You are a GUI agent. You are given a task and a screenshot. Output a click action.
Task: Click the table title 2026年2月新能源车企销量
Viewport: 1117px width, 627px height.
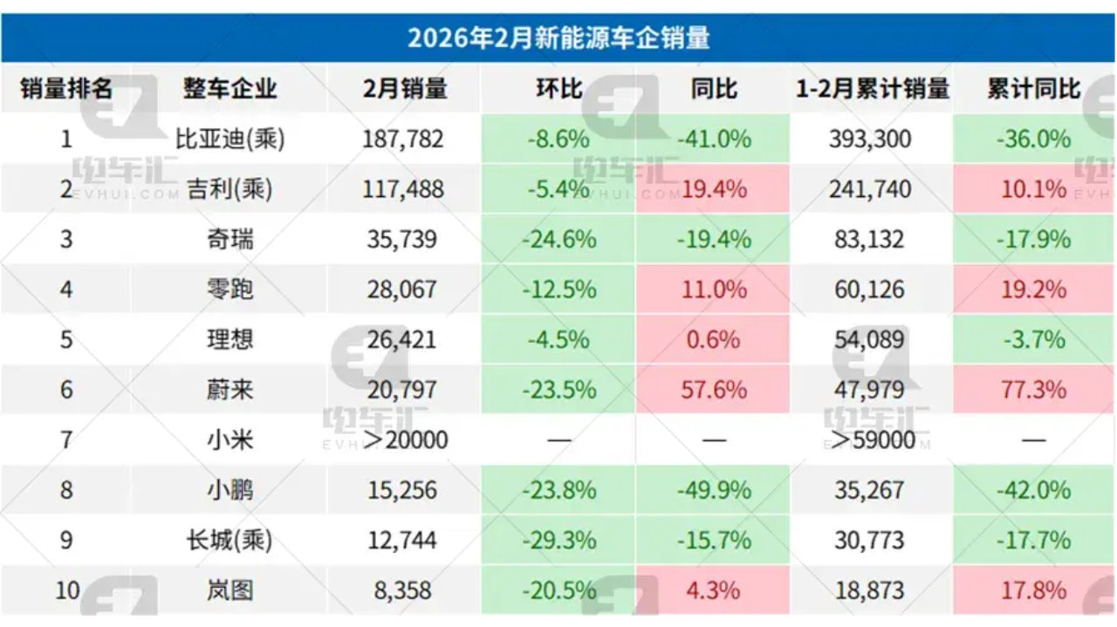click(558, 37)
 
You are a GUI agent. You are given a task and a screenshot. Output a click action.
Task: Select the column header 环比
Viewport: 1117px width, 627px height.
click(558, 88)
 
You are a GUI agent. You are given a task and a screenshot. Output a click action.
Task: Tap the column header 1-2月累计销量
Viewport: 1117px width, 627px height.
click(872, 88)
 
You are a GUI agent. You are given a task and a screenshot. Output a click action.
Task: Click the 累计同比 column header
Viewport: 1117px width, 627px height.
click(1033, 88)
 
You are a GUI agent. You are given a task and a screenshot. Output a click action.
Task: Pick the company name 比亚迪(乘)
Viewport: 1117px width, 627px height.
click(230, 139)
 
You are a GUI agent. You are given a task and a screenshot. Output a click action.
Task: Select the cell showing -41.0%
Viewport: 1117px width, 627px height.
click(713, 139)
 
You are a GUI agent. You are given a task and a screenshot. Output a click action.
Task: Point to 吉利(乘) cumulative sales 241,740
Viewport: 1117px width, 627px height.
click(872, 189)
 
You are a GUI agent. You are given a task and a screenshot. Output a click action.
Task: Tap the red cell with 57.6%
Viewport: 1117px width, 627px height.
click(713, 390)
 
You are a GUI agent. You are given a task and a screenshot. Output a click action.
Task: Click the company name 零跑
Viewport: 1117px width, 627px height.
click(230, 290)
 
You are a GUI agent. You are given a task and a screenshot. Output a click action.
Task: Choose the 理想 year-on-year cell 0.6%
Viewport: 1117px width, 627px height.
click(713, 339)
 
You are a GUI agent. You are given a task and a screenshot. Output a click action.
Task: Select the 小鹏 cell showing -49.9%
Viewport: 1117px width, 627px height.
click(713, 490)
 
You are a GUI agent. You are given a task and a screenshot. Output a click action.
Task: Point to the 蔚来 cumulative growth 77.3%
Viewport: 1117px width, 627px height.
click(1033, 390)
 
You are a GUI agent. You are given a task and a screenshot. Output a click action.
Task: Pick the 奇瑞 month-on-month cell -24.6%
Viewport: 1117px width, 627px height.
click(558, 239)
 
